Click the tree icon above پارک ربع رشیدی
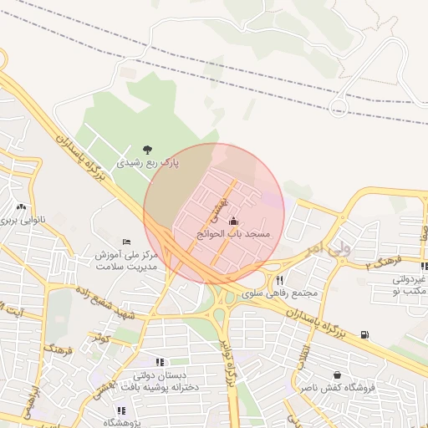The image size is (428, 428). point(148,150)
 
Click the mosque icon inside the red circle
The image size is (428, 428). point(232,222)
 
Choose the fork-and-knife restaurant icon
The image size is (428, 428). point(280,281)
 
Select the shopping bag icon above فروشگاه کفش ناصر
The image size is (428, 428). point(337,375)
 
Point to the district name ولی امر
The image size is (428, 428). point(327,247)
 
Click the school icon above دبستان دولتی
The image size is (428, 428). point(160,364)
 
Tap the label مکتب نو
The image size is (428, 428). point(410,292)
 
